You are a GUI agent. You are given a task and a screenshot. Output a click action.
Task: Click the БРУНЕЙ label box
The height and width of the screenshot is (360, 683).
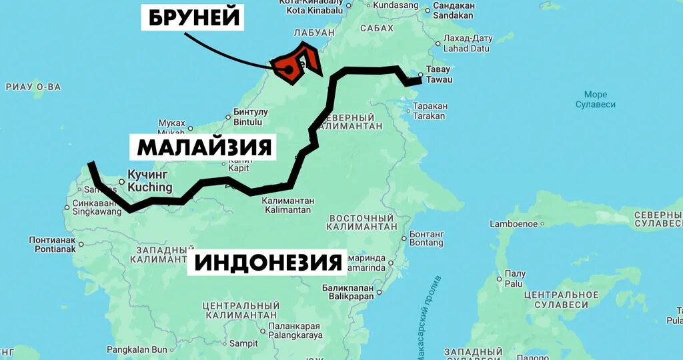point(193,18)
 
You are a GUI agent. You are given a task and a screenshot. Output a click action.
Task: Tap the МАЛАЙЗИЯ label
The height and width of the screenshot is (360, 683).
point(205,147)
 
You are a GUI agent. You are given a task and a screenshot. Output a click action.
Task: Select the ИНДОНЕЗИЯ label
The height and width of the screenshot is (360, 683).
point(269,263)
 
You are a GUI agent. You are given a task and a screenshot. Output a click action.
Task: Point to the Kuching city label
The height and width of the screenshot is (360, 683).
point(149,181)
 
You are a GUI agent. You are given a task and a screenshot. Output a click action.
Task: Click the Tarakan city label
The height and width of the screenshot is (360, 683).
point(429,111)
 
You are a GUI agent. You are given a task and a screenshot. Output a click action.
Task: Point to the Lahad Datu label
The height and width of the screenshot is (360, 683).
point(467,43)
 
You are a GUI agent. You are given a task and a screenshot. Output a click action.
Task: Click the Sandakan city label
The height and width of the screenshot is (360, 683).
point(453,10)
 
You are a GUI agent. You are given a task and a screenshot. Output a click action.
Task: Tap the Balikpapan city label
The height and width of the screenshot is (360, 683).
point(348,292)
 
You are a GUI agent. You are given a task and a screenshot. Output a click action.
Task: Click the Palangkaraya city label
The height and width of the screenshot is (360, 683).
point(295,331)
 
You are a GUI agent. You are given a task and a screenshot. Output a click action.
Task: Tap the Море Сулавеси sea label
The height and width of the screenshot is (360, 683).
point(595,99)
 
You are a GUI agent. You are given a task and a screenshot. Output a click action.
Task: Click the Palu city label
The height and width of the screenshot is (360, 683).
point(514,279)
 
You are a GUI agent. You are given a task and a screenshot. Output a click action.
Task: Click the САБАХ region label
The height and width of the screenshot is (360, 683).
point(377,29)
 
